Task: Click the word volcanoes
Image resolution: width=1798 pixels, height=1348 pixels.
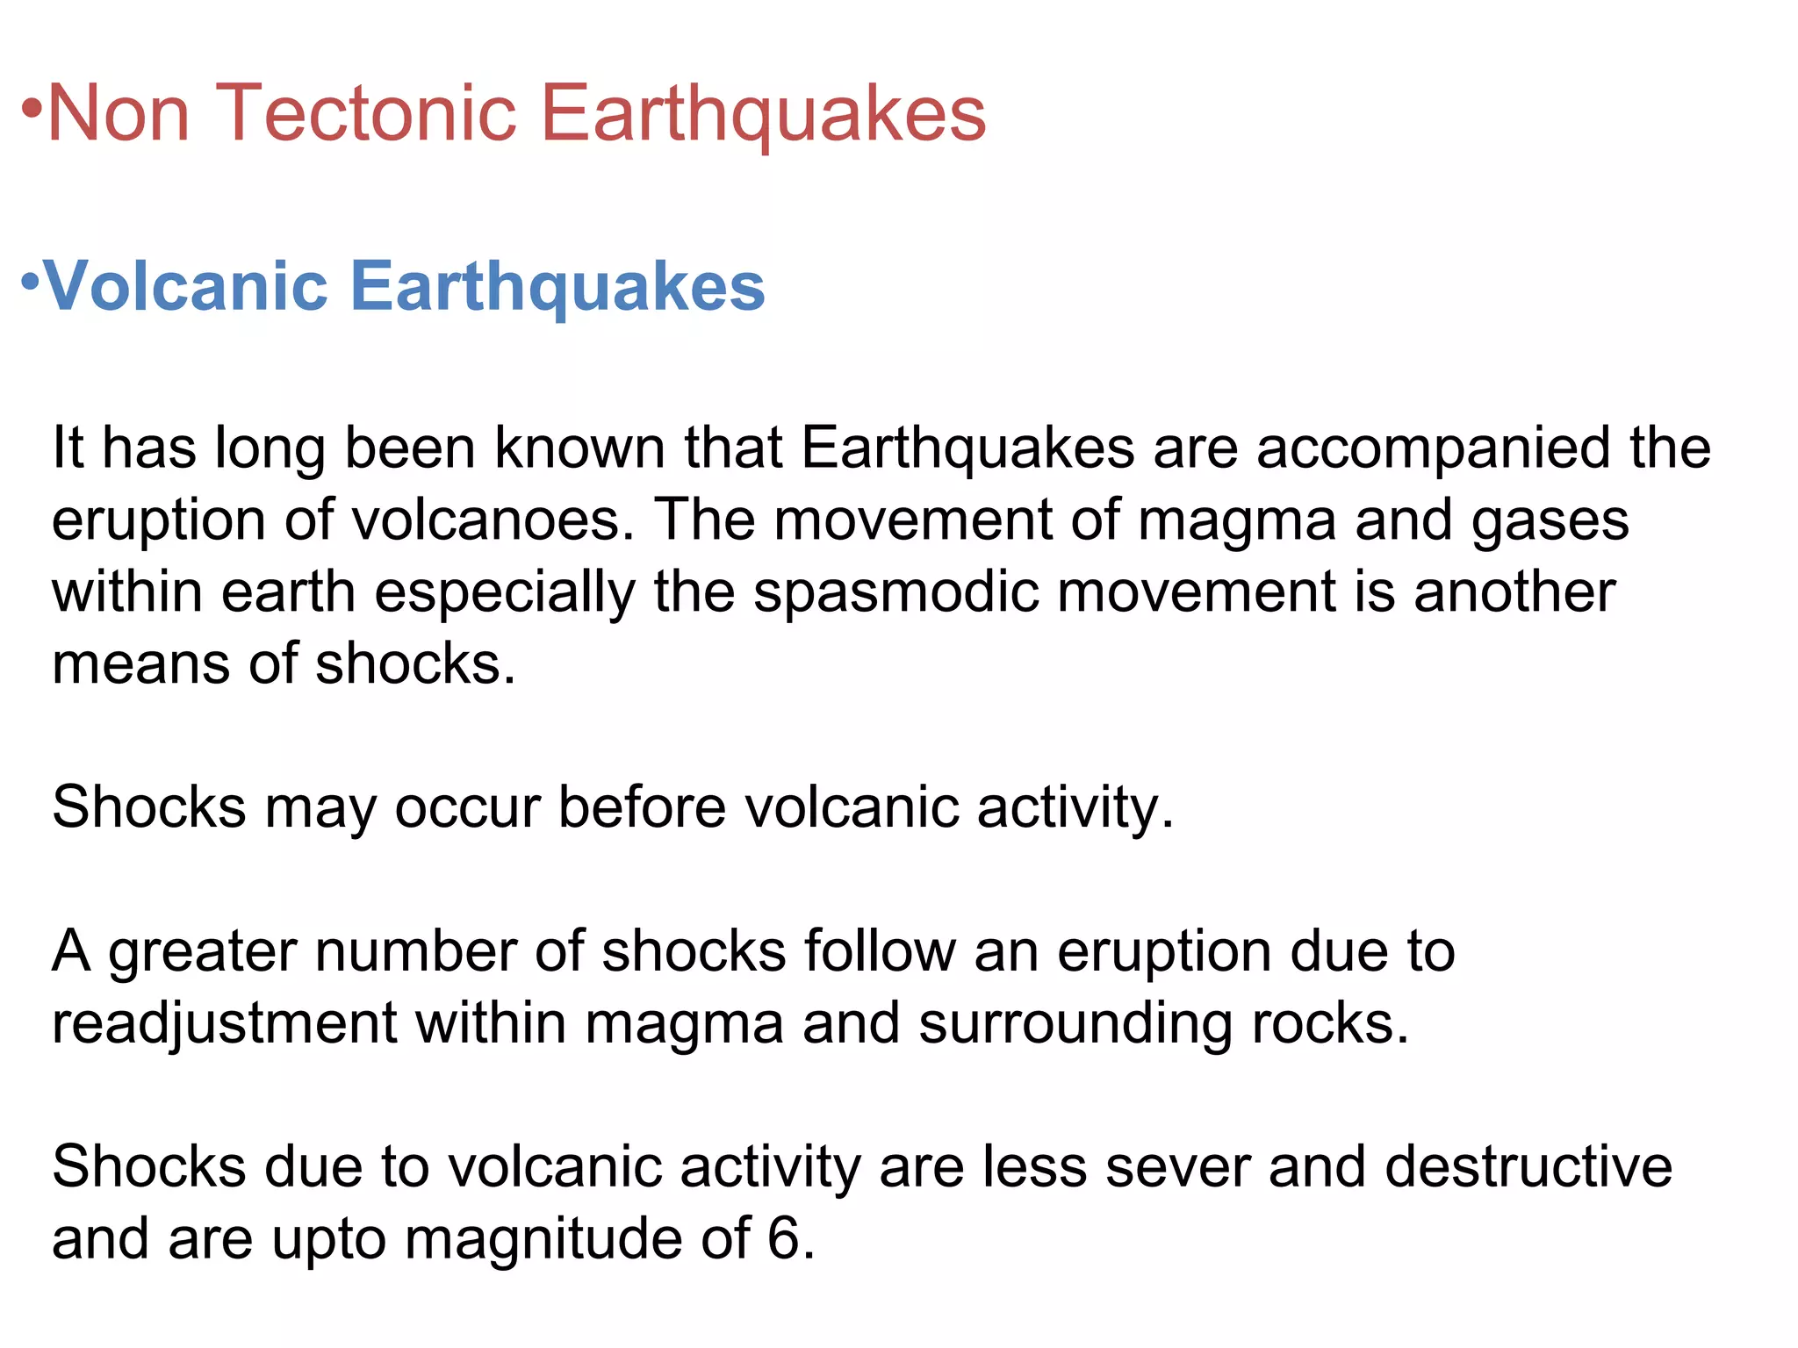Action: click(x=493, y=520)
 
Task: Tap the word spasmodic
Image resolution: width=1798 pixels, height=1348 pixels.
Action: click(x=896, y=592)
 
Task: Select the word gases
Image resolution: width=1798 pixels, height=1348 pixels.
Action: click(x=1550, y=521)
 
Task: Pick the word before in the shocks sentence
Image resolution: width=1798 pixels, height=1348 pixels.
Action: click(x=642, y=807)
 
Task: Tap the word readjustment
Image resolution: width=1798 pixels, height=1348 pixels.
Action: click(x=225, y=1024)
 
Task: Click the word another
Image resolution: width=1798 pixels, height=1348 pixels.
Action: click(x=1514, y=592)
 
